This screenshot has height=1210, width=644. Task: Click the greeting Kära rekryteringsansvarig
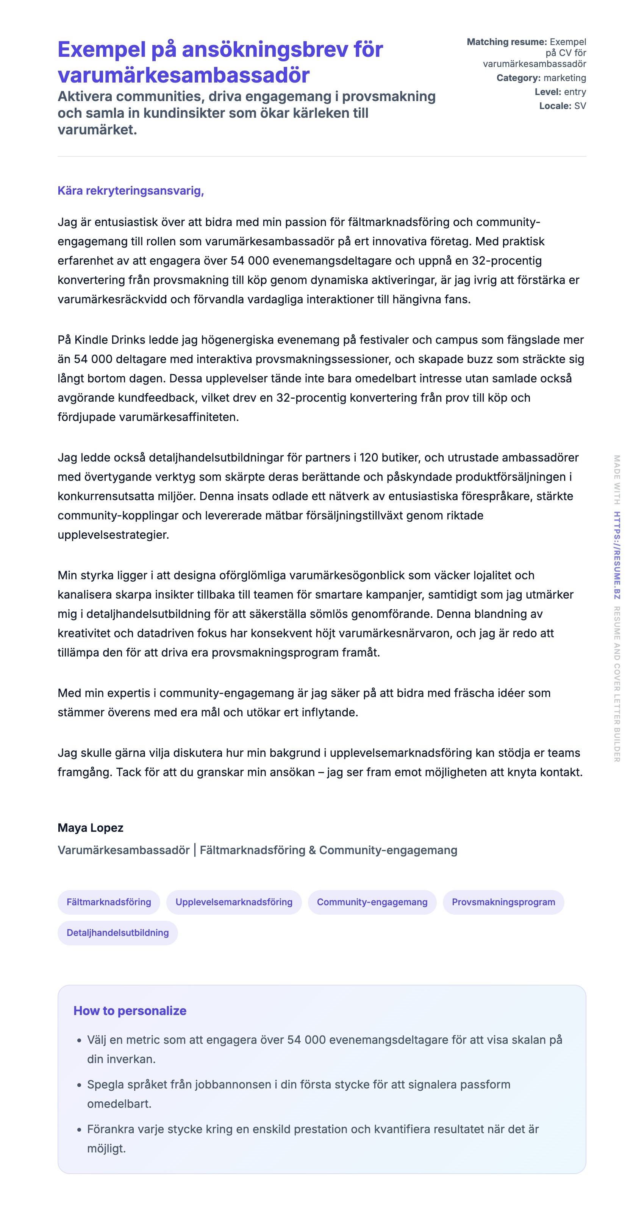click(x=130, y=191)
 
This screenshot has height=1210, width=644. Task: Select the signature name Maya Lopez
click(x=90, y=828)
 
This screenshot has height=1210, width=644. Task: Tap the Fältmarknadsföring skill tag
click(x=109, y=902)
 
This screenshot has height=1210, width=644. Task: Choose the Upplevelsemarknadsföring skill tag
click(x=234, y=902)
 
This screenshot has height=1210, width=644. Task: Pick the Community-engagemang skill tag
click(x=372, y=902)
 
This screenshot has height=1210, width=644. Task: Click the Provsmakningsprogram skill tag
click(x=503, y=902)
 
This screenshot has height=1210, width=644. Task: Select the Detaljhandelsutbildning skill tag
click(x=117, y=932)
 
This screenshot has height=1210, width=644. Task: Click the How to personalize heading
click(x=130, y=1010)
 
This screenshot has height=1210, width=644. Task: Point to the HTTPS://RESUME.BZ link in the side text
click(x=617, y=555)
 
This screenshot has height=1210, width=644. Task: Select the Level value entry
click(x=575, y=92)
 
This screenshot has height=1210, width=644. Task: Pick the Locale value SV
click(x=580, y=106)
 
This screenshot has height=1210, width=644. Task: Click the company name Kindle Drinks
click(x=109, y=340)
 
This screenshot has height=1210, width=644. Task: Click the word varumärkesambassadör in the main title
click(x=183, y=75)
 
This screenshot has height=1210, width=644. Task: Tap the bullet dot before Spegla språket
click(x=79, y=1085)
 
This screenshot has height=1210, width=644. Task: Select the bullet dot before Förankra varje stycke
click(x=79, y=1130)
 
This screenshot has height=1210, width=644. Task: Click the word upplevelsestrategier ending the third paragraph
click(x=113, y=535)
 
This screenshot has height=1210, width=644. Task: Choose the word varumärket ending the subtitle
click(x=97, y=129)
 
